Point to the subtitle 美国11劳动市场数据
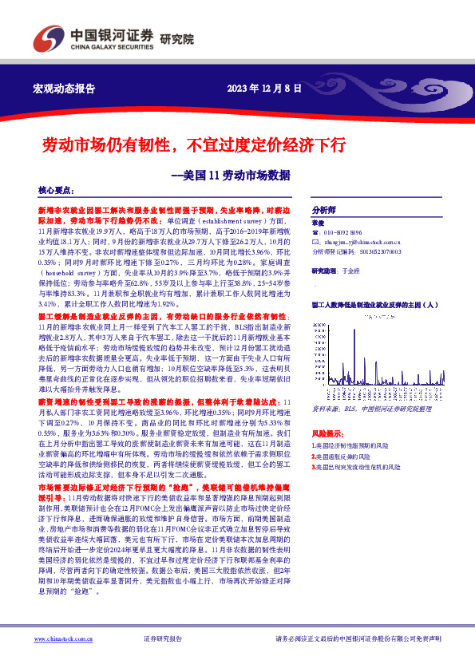click(232, 174)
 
